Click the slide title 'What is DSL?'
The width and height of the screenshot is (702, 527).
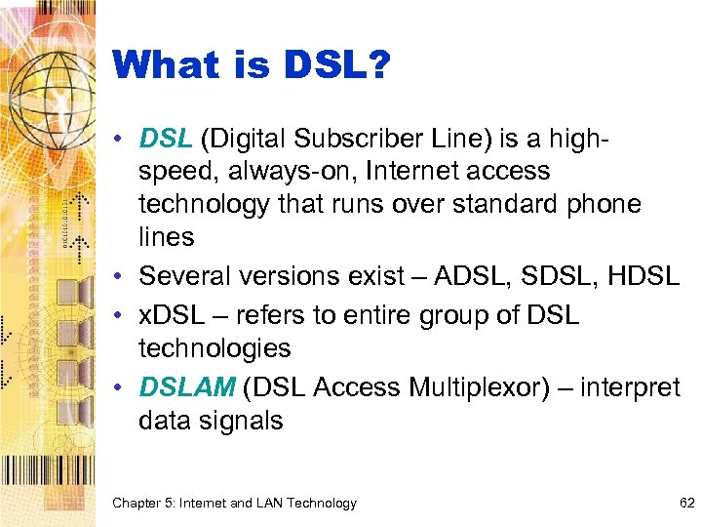tap(252, 66)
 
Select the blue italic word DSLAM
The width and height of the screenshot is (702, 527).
tap(187, 387)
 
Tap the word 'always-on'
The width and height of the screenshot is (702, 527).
tap(275, 172)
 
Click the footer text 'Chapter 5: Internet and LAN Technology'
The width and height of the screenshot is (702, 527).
tap(234, 504)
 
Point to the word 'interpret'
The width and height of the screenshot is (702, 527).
tap(630, 387)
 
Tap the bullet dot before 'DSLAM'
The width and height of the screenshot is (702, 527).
tap(122, 388)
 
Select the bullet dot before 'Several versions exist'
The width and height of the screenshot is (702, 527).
tap(122, 277)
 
